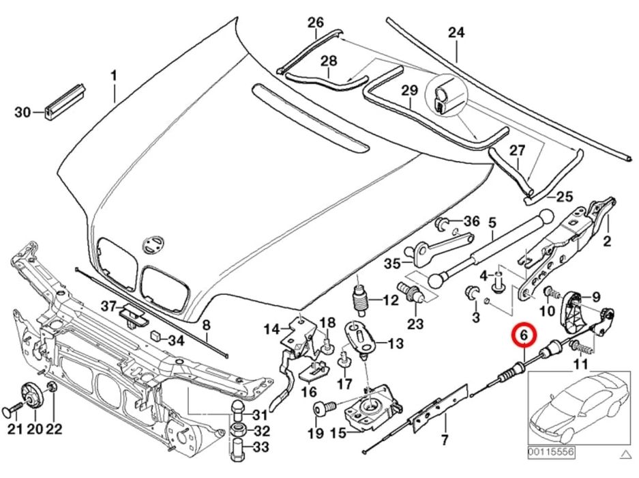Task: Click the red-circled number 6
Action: (x=523, y=335)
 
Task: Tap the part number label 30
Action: (x=23, y=112)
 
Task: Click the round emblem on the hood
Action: (x=151, y=244)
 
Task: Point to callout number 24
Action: (x=456, y=33)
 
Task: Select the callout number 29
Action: (x=408, y=90)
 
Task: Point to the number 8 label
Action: (x=207, y=326)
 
